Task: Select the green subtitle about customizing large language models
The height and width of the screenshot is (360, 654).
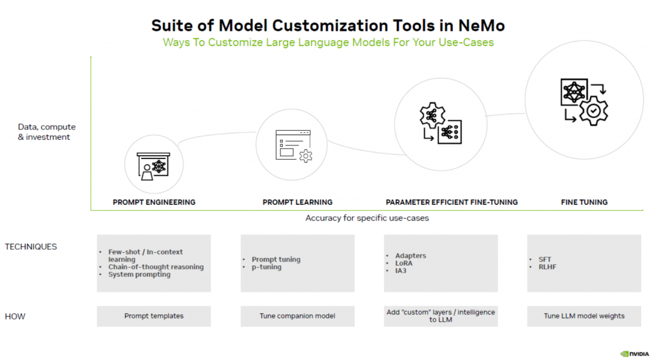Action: (328, 43)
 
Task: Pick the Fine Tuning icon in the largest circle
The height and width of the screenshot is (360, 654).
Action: (584, 101)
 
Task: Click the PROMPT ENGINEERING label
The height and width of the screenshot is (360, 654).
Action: (154, 202)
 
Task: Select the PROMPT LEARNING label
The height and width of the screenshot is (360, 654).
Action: (297, 202)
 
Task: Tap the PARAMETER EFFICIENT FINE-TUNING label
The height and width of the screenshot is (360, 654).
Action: (452, 202)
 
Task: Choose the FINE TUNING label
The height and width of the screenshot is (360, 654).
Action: (584, 202)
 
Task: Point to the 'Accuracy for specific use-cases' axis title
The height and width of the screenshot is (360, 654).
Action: (367, 218)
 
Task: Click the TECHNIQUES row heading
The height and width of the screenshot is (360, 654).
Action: (31, 246)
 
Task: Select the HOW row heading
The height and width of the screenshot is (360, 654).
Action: (15, 316)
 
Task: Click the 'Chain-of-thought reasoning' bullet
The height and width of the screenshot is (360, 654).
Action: (156, 267)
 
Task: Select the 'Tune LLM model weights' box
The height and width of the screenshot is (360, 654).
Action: (584, 316)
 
